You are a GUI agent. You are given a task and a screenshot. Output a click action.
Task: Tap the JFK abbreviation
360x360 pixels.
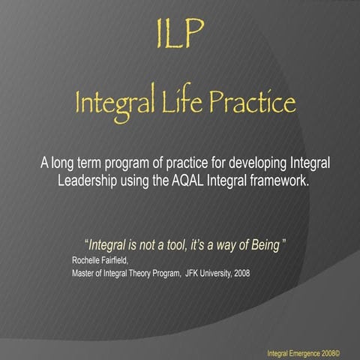click(193, 272)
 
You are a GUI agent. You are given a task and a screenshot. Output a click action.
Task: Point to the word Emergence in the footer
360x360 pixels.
click(306, 352)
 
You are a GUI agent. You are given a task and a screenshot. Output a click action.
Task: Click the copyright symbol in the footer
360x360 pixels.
click(338, 352)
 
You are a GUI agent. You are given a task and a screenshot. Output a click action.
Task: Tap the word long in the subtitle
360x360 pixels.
click(62, 163)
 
